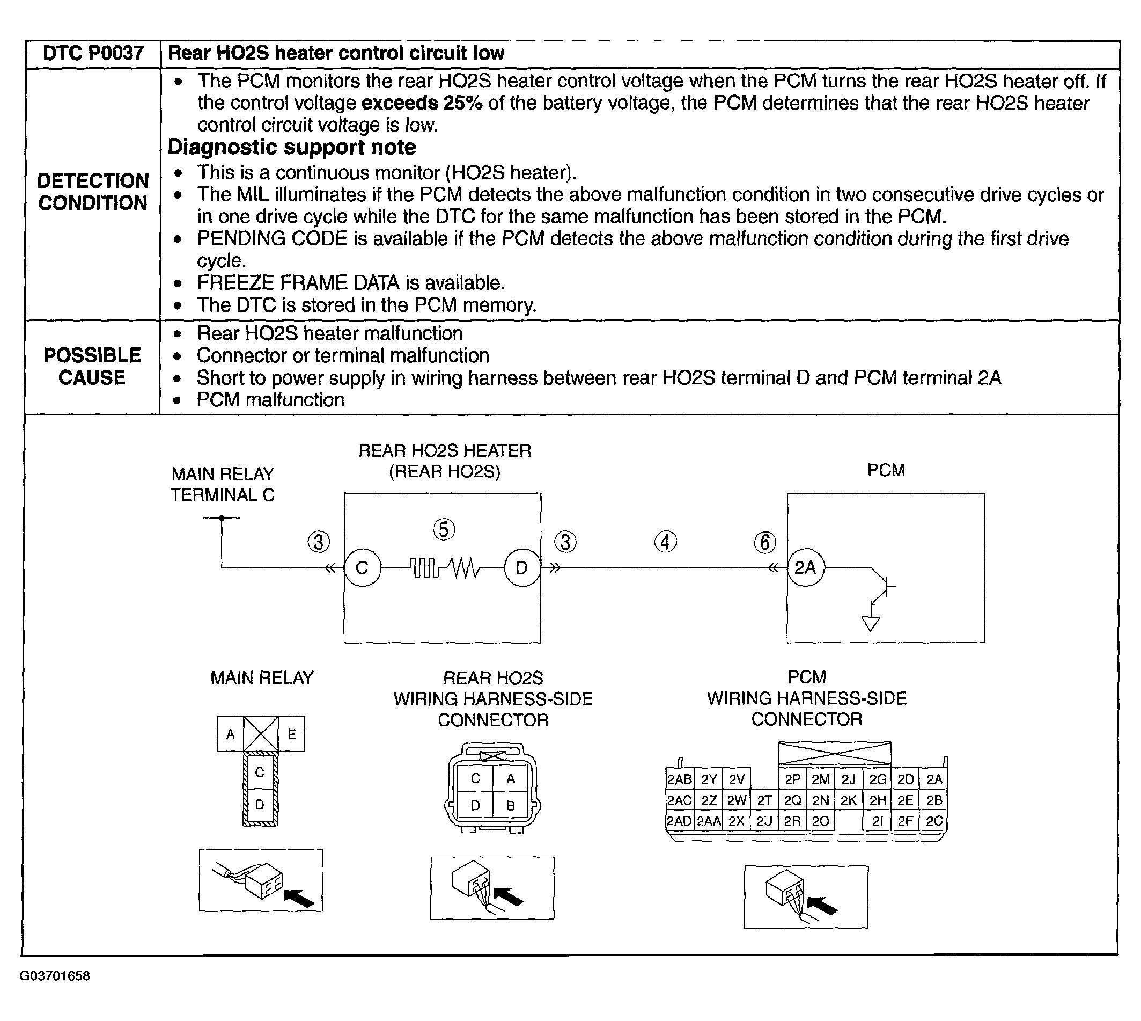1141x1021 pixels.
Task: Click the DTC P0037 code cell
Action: (93, 53)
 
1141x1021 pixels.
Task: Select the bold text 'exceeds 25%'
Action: (422, 103)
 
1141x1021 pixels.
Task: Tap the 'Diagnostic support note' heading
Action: (292, 147)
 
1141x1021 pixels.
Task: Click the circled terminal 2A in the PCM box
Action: (805, 568)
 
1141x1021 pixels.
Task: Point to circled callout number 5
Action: (444, 529)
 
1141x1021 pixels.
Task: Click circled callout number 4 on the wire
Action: (665, 542)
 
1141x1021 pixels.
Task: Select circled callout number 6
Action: (765, 542)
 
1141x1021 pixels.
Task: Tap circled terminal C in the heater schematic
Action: (362, 568)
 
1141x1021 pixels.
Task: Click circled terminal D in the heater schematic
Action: (522, 568)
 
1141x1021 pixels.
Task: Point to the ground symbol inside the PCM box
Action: (870, 623)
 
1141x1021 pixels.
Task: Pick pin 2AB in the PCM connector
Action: (679, 779)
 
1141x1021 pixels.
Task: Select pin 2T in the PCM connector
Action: (764, 800)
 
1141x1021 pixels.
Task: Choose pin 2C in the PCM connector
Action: (934, 821)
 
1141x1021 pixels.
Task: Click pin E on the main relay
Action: (292, 734)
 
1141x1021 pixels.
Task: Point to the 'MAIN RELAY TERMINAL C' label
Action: (223, 485)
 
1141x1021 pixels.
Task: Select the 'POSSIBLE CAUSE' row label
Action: (92, 366)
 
